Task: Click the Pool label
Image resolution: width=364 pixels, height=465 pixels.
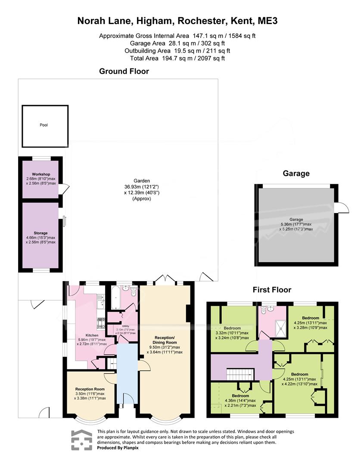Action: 44,125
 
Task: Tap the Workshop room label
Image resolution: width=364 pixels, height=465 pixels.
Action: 41,174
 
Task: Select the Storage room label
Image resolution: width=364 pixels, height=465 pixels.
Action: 40,233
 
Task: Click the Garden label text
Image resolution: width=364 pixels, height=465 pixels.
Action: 142,180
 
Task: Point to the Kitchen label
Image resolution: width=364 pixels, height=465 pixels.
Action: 92,335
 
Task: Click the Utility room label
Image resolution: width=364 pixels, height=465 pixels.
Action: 125,326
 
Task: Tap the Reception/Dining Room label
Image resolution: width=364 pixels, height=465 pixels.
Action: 165,340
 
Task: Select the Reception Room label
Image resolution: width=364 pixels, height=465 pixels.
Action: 90,389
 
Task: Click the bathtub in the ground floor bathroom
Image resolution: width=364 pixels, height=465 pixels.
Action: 116,298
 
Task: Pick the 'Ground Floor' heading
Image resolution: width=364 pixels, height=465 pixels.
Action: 124,71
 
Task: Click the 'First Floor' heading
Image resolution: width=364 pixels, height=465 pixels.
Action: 272,290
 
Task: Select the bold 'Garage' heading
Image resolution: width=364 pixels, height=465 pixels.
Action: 296,174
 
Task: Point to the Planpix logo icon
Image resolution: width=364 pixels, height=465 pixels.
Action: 81,440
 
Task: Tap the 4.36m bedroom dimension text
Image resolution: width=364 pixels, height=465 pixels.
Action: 240,401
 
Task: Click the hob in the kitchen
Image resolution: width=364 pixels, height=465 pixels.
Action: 101,323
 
